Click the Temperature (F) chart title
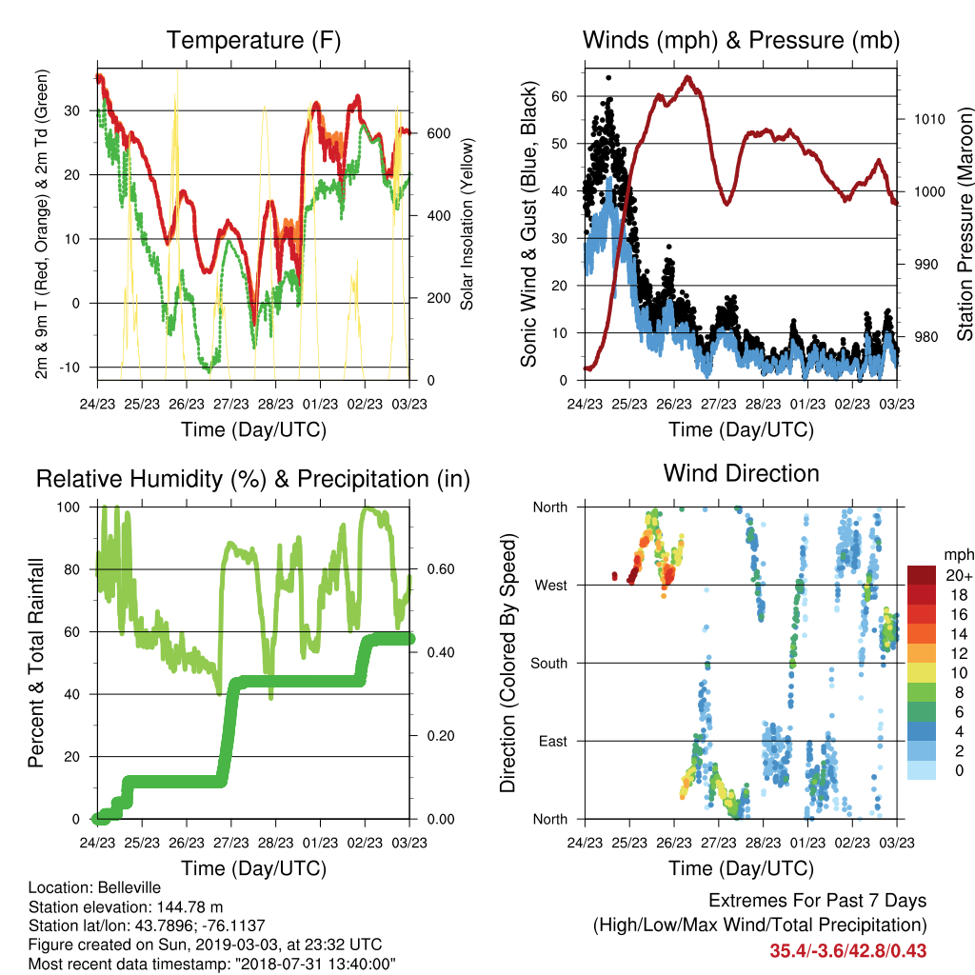pos(253,40)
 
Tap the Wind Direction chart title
pos(741,473)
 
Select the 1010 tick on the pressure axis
pos(929,119)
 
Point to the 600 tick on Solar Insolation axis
pos(439,133)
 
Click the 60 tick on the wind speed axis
pos(559,96)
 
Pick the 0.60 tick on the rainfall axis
pos(441,569)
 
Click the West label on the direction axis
pos(551,586)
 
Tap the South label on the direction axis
pos(549,664)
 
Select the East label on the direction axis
pos(553,741)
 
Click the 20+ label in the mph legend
pos(959,575)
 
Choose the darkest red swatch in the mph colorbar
pos(922,575)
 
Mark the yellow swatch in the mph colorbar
pos(922,673)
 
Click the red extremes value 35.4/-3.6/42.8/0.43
pos(848,951)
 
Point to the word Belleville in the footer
pos(129,887)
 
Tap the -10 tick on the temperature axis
pos(70,368)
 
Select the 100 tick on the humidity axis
pos(69,507)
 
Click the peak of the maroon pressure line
pos(687,78)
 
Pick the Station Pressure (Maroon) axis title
pos(965,224)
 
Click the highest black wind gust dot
pos(608,78)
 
